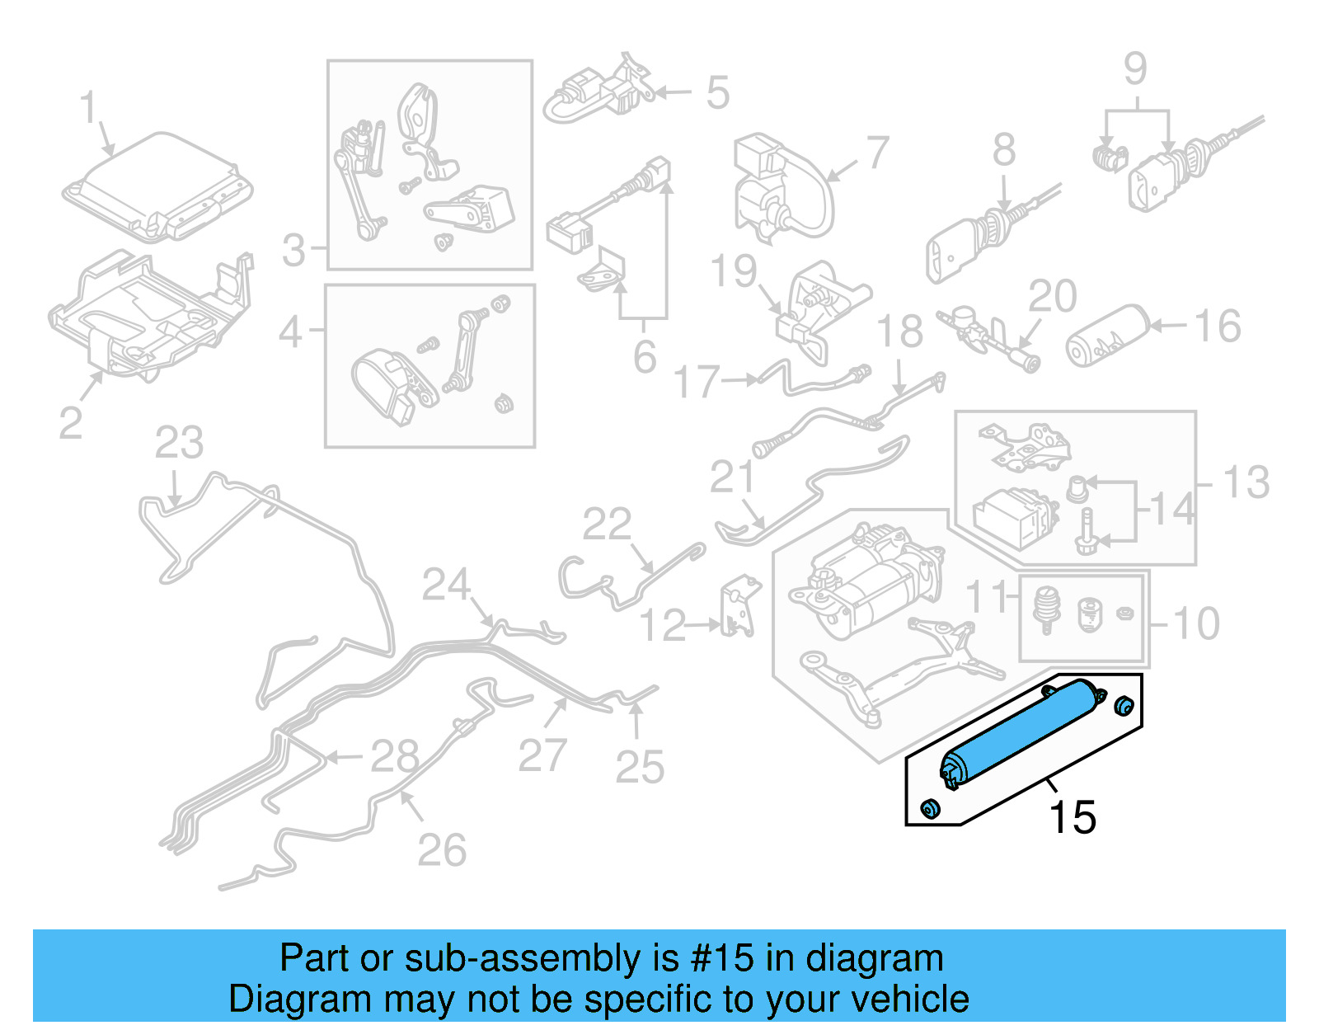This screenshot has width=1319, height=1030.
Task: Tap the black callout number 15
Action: pyautogui.click(x=1072, y=818)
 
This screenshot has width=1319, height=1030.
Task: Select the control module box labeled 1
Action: pyautogui.click(x=157, y=188)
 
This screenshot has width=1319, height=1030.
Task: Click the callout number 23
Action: pyautogui.click(x=179, y=443)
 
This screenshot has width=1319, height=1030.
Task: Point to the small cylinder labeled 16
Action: pyautogui.click(x=1107, y=336)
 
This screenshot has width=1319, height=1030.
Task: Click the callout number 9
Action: pyautogui.click(x=1135, y=68)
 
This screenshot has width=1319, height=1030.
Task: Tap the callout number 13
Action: pyautogui.click(x=1246, y=482)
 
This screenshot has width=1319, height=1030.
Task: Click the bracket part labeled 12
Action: pyautogui.click(x=739, y=609)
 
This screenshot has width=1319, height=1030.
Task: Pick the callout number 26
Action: pyautogui.click(x=442, y=850)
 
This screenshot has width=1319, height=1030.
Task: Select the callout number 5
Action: pyautogui.click(x=717, y=92)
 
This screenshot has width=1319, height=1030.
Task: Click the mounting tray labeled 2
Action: pyautogui.click(x=148, y=317)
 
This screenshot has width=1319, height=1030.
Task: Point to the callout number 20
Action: pyautogui.click(x=1053, y=296)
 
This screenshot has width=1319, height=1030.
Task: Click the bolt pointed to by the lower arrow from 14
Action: pyautogui.click(x=1087, y=531)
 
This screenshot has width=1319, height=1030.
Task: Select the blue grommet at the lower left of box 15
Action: pyautogui.click(x=929, y=809)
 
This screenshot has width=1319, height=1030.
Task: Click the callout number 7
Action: pyautogui.click(x=877, y=153)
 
